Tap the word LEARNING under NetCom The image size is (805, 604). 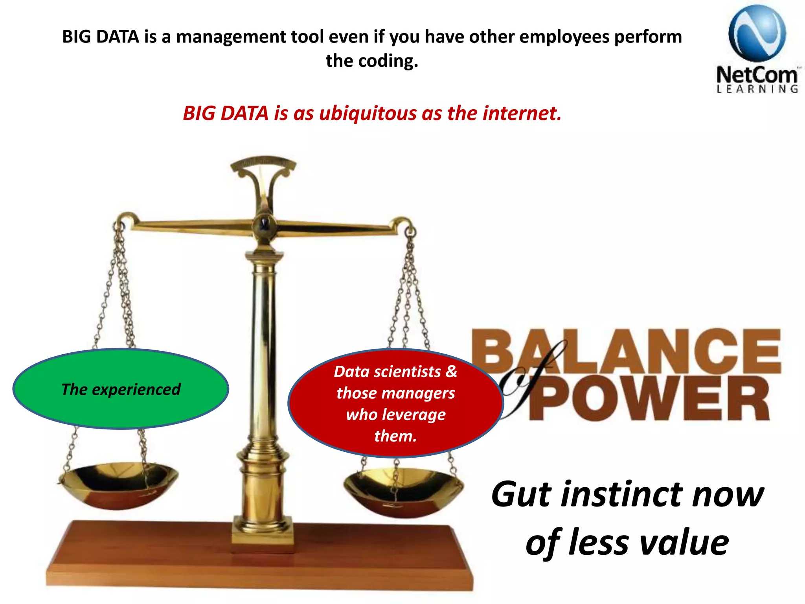pyautogui.click(x=757, y=89)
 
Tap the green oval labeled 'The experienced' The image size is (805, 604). pyautogui.click(x=121, y=389)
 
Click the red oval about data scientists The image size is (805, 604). pyautogui.click(x=395, y=403)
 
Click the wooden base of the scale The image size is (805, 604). pyautogui.click(x=259, y=558)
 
